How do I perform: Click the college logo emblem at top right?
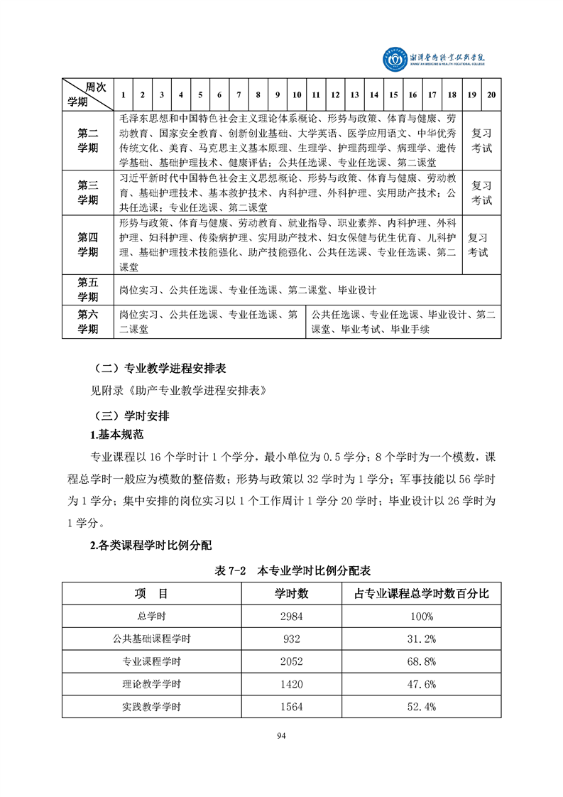tap(393, 60)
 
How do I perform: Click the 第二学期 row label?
tap(88, 141)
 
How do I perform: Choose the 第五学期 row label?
tap(88, 290)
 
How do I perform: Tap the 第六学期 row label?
tap(88, 322)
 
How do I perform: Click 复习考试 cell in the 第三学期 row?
tap(481, 193)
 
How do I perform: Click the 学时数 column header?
tap(292, 593)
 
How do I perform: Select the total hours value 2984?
tap(292, 616)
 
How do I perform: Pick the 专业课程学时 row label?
tap(151, 661)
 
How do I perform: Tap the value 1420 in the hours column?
tap(292, 684)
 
